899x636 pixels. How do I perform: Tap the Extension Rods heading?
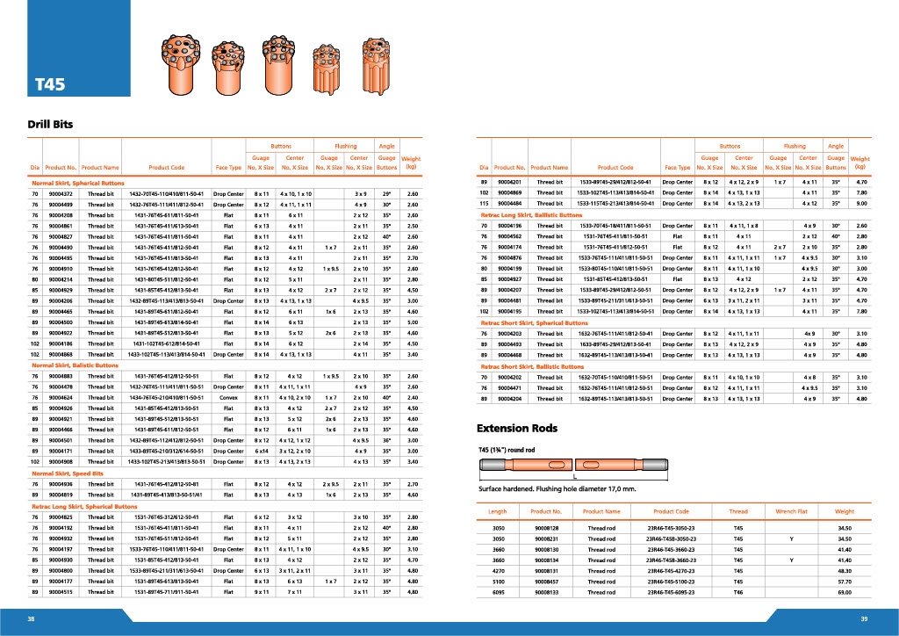tap(516, 429)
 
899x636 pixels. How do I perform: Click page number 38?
tap(32, 618)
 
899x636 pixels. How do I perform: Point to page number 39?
tap(864, 618)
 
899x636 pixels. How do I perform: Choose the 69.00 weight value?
tap(844, 593)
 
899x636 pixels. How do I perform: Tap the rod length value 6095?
tap(498, 593)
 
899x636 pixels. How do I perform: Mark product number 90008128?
tap(546, 527)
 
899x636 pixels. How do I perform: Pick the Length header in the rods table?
tap(497, 510)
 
